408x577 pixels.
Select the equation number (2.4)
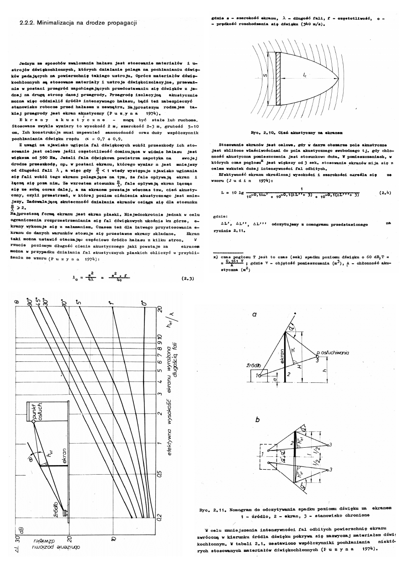(385, 193)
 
